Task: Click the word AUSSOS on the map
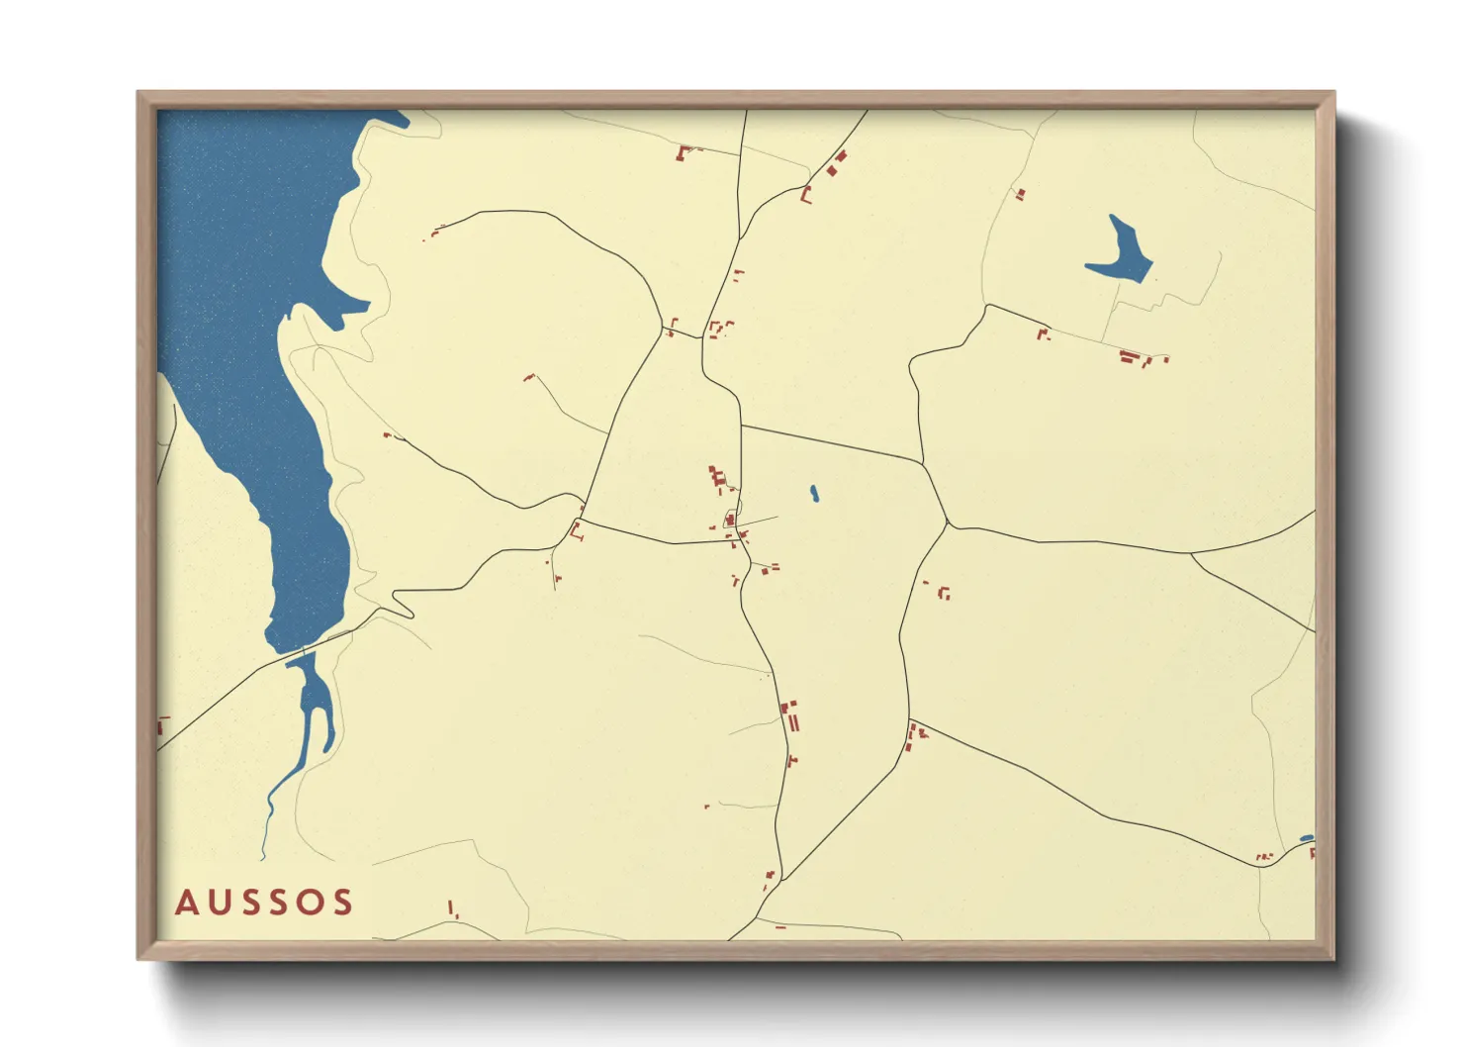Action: [264, 903]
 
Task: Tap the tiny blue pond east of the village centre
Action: [814, 493]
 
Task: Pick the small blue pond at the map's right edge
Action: [1307, 839]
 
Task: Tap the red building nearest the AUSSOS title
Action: [452, 908]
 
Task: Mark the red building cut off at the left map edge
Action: [160, 725]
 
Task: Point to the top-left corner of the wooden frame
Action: [137, 92]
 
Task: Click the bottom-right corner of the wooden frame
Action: [1334, 959]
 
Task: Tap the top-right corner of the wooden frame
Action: [1334, 92]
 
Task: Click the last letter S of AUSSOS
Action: [342, 903]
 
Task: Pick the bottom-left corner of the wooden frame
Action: [137, 959]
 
